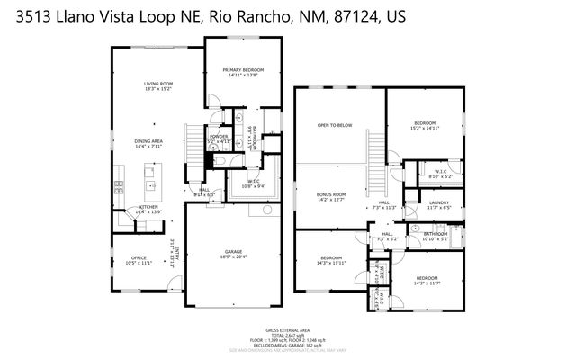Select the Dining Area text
click(148, 141)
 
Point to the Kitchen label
click(148, 209)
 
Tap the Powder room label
click(219, 137)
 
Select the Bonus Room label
click(332, 195)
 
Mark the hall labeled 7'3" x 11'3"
click(383, 205)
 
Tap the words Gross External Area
click(287, 329)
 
